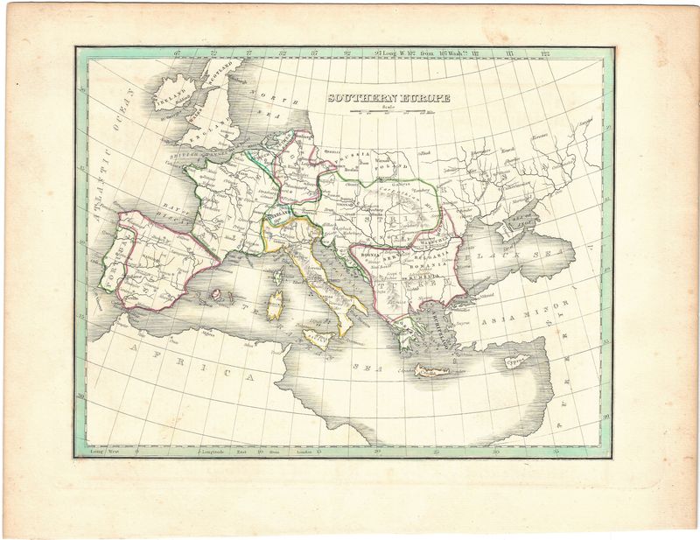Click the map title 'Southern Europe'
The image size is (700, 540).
pyautogui.click(x=388, y=98)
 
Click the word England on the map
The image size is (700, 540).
pyautogui.click(x=210, y=130)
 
